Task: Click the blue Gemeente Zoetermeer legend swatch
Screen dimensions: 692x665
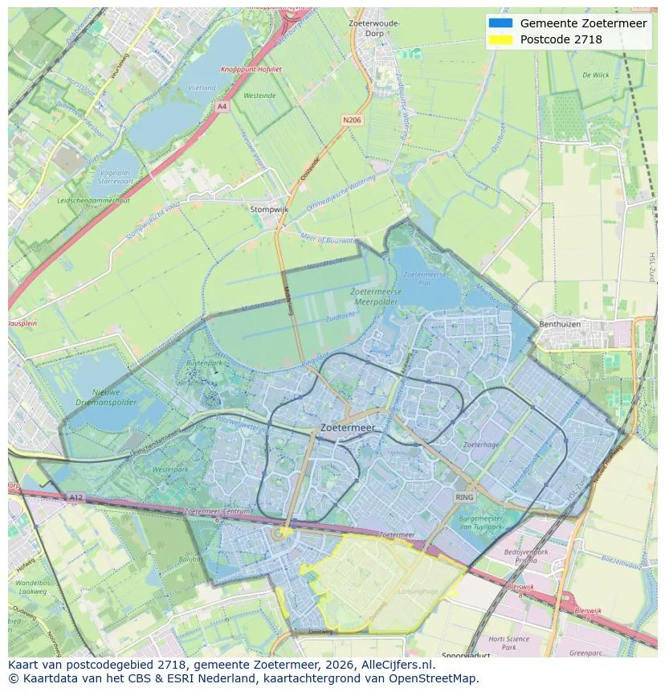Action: pyautogui.click(x=500, y=23)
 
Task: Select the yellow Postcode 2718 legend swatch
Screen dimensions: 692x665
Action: pyautogui.click(x=500, y=39)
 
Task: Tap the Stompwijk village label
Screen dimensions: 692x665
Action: pyautogui.click(x=268, y=209)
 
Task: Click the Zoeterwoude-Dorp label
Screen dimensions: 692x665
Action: pyautogui.click(x=374, y=28)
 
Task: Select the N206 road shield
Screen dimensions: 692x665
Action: pyautogui.click(x=351, y=120)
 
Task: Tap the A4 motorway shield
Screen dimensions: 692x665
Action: pyautogui.click(x=222, y=105)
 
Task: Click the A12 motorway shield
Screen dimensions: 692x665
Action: pyautogui.click(x=75, y=498)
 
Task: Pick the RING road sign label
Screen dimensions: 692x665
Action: pyautogui.click(x=464, y=498)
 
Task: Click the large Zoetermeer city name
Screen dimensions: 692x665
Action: pyautogui.click(x=346, y=428)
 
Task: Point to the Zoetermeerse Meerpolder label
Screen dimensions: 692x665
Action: pyautogui.click(x=376, y=297)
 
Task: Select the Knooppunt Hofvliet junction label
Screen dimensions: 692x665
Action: pyautogui.click(x=251, y=69)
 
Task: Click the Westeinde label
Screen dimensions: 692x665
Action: pyautogui.click(x=259, y=95)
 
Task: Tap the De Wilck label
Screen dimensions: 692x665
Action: pyautogui.click(x=596, y=75)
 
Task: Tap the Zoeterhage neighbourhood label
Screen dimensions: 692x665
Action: pyautogui.click(x=481, y=444)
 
